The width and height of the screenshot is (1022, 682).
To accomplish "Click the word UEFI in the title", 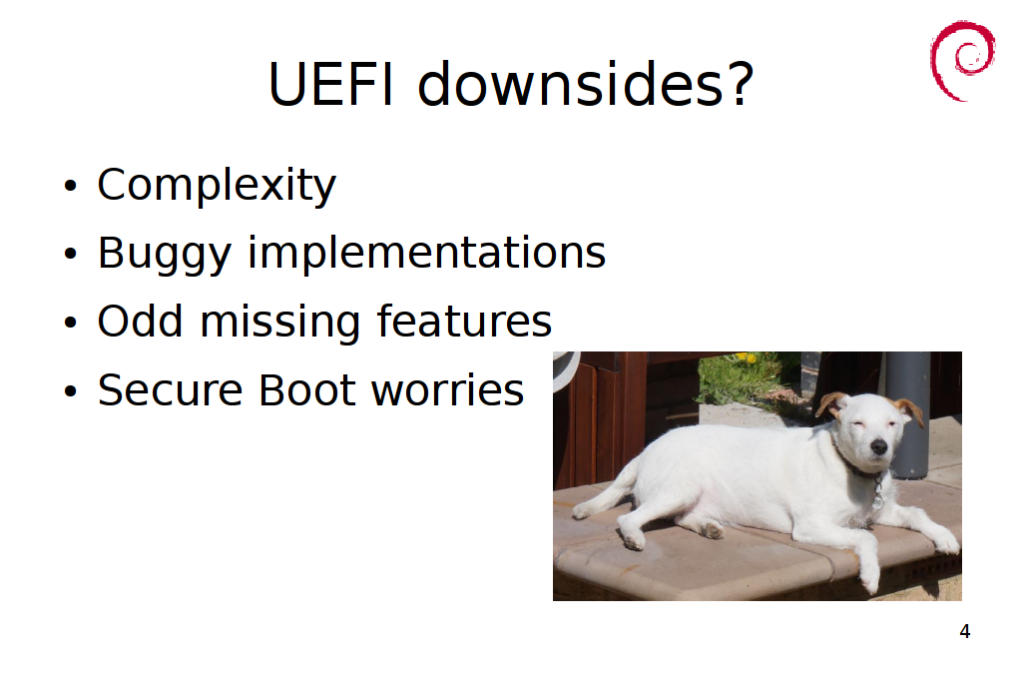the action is click(331, 84).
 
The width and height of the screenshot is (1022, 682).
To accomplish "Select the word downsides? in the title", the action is click(585, 84).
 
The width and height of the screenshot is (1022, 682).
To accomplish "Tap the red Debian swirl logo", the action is click(963, 61).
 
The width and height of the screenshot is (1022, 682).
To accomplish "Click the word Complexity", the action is click(217, 186).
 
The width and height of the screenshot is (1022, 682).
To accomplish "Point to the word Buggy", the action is click(165, 255).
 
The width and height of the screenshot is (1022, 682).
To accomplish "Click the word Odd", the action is click(140, 321).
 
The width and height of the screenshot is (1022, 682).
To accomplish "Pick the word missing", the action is click(279, 323).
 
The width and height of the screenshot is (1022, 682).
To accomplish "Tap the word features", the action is click(464, 321).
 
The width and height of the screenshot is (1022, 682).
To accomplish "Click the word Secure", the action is click(170, 389).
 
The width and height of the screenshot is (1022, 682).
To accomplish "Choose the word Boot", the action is click(306, 389).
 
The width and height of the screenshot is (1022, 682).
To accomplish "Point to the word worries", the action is click(447, 390).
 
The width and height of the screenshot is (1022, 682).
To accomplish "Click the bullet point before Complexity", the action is click(71, 186).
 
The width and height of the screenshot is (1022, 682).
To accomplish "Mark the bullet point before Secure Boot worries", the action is click(71, 391).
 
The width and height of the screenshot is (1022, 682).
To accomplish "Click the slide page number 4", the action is click(965, 631).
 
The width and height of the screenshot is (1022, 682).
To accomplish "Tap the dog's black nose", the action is click(878, 446).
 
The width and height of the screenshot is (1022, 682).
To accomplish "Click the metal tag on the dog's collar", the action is click(878, 499).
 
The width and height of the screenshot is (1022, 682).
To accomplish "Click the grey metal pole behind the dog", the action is click(907, 410).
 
